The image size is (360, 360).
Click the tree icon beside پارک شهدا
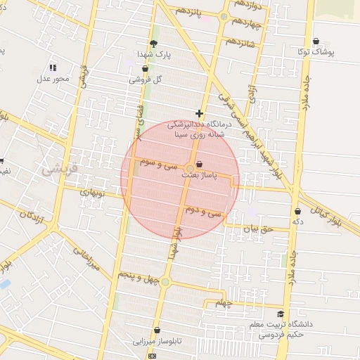click(x=153, y=43)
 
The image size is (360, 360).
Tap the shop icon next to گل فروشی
click(x=145, y=69)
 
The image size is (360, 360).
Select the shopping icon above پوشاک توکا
click(x=316, y=41)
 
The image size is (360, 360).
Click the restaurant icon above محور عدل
click(x=53, y=67)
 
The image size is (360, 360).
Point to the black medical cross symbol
click(x=200, y=113)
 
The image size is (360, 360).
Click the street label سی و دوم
click(x=202, y=210)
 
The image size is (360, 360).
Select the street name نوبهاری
click(x=91, y=192)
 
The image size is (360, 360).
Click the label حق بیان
click(x=257, y=229)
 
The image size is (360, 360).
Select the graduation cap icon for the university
click(x=281, y=314)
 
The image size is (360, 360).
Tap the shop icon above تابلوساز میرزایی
click(x=156, y=330)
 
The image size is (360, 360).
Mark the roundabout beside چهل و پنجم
click(x=165, y=282)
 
